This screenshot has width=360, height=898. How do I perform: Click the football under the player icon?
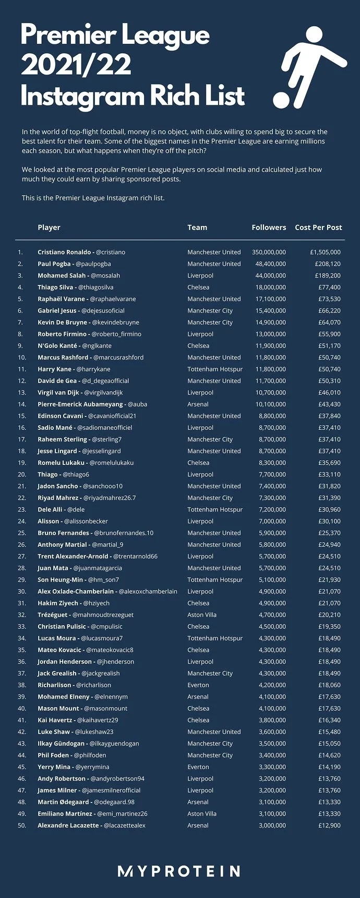click(x=281, y=100)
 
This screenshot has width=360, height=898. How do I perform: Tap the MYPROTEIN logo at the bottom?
click(x=179, y=871)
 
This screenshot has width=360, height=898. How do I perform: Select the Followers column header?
click(x=269, y=228)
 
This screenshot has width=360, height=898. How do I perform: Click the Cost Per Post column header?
click(x=318, y=228)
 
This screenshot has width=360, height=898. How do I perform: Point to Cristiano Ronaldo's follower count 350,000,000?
click(x=269, y=252)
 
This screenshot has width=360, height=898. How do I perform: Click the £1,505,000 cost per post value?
click(x=325, y=252)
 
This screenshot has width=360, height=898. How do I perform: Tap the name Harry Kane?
click(x=53, y=369)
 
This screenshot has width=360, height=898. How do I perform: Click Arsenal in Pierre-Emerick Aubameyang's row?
click(x=198, y=404)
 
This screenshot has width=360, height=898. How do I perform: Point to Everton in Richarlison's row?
click(x=198, y=685)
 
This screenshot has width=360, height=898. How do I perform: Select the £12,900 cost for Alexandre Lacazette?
click(x=329, y=825)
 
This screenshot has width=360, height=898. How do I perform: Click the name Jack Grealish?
click(x=57, y=673)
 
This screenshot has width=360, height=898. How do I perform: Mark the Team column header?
click(x=197, y=228)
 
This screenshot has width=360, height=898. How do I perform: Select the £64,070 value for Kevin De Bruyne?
click(x=329, y=322)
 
